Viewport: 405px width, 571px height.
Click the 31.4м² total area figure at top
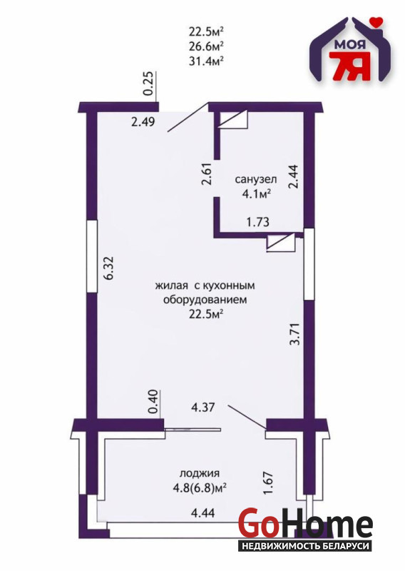(x=205, y=61)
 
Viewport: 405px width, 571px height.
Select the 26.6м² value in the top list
(x=205, y=46)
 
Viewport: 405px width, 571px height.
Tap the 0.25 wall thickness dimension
(x=148, y=84)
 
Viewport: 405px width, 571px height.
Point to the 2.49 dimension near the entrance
(x=143, y=121)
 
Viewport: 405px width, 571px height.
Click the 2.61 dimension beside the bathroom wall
(x=207, y=175)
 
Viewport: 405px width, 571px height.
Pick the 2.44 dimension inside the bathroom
(x=293, y=177)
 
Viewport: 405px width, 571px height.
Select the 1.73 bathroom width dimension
(x=258, y=222)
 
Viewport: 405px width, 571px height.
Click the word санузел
(x=256, y=179)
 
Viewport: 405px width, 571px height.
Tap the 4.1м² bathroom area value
(x=256, y=193)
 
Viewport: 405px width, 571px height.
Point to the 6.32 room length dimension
(x=108, y=268)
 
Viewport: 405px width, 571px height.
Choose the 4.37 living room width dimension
(x=203, y=407)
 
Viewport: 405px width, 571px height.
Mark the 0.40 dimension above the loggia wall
(x=154, y=402)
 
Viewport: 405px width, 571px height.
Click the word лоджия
(x=200, y=473)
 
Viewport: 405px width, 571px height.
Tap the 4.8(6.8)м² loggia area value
(x=200, y=487)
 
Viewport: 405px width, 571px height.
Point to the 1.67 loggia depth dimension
(x=268, y=483)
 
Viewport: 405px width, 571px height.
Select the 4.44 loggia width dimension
(x=202, y=513)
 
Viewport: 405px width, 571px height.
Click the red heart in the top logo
(x=375, y=22)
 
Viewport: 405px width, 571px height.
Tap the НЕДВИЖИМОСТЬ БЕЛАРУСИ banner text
(x=305, y=546)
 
